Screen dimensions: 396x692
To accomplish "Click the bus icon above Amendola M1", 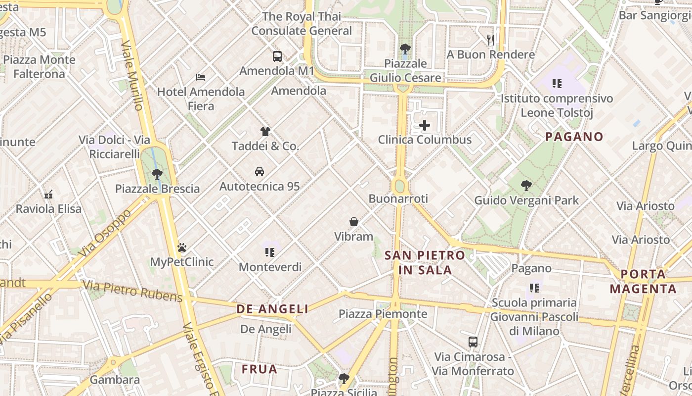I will [x=277, y=56].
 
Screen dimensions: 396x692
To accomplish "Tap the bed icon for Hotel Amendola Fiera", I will [x=201, y=77].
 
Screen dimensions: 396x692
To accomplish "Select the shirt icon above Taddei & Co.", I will [x=265, y=132].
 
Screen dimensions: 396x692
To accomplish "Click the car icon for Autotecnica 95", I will [x=259, y=172].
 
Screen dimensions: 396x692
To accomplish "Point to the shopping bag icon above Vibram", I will [x=354, y=222].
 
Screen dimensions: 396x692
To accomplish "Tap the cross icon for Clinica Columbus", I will [x=425, y=125].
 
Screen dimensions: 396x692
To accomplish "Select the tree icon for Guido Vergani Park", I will [x=526, y=186].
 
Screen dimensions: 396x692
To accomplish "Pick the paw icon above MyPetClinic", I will [x=182, y=247].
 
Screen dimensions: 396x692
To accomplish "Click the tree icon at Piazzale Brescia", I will [x=157, y=174].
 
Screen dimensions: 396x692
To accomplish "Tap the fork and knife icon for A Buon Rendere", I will [x=491, y=40].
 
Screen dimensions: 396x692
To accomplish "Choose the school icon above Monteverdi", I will [x=270, y=252].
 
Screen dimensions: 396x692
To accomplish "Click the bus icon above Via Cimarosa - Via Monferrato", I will [x=473, y=342].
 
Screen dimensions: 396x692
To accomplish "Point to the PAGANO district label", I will [x=574, y=137].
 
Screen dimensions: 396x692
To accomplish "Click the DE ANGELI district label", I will [x=272, y=309].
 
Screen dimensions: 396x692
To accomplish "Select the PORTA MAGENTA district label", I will [x=643, y=281].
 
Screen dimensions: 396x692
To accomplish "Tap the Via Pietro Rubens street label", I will [x=132, y=291].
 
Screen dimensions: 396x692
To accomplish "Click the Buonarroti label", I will [x=398, y=199].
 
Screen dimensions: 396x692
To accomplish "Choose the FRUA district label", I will [x=259, y=369].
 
